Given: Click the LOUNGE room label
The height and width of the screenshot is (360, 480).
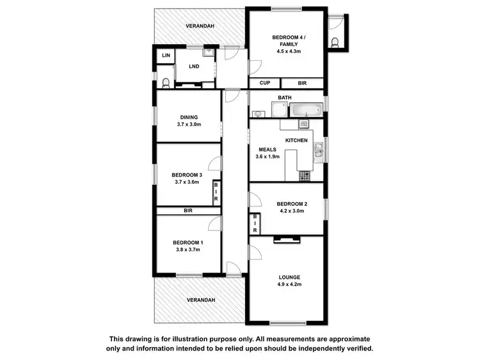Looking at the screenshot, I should click(x=289, y=277).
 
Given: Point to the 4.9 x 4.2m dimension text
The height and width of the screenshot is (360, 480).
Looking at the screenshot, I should click(x=289, y=285).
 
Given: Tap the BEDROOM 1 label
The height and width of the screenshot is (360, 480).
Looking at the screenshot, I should click(x=188, y=242).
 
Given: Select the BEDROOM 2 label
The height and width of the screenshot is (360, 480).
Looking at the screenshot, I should click(x=290, y=203).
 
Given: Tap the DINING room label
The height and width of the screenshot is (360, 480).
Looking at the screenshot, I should click(x=189, y=117).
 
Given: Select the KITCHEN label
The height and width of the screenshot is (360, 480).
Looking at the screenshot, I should click(x=296, y=140).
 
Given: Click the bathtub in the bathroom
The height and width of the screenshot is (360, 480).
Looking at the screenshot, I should click(x=306, y=110).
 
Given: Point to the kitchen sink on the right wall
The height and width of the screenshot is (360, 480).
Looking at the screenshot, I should click(x=318, y=151).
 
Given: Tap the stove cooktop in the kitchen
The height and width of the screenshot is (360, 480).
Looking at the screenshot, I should click(x=303, y=175).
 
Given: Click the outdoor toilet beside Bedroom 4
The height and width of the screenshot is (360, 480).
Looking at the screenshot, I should click(x=335, y=42).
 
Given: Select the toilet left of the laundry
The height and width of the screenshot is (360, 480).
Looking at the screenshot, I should click(x=165, y=82).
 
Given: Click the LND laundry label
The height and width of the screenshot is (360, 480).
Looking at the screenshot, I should click(x=193, y=67).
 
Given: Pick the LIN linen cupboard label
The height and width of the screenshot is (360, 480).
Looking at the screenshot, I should click(x=166, y=56).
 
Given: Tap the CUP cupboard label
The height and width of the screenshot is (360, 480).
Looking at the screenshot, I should click(x=264, y=83).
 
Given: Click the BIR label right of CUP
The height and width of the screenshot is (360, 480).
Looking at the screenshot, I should click(x=302, y=83).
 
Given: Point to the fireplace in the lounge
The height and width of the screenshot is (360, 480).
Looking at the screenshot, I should click(x=286, y=240).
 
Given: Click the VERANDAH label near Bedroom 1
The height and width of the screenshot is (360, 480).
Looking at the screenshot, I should click(x=200, y=299).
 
